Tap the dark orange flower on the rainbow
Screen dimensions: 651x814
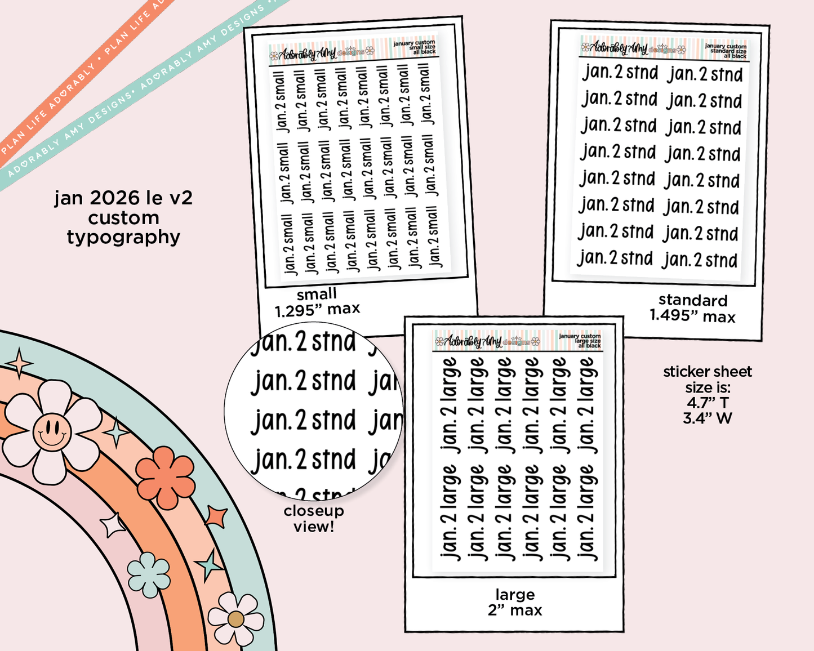point(165,478)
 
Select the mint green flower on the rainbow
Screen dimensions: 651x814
point(149,574)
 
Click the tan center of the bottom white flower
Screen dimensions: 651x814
point(236,619)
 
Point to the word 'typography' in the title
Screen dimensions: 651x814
point(123,237)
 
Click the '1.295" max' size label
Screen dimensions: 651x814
point(317,309)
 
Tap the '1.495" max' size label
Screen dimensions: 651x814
point(692,316)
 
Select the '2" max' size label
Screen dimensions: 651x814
point(515,610)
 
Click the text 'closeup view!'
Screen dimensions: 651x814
point(314,519)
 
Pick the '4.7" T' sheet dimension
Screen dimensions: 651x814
point(708,403)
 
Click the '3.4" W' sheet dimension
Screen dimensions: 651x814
point(708,418)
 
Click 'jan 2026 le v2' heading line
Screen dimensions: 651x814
point(123,198)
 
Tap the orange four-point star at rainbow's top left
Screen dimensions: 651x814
point(20,363)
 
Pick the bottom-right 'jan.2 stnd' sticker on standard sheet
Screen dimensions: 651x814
point(700,260)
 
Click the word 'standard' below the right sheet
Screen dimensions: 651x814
point(692,300)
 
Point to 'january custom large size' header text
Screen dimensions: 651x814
point(580,340)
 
